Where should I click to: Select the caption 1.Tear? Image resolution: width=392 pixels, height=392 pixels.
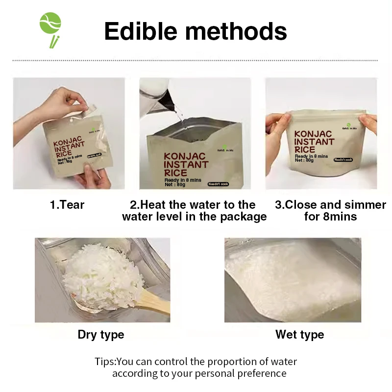[x=67, y=205]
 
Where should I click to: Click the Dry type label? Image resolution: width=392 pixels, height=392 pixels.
[x=101, y=335]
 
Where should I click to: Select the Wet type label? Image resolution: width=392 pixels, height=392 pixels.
[x=299, y=335]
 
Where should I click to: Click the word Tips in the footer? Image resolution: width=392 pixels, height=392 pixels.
[x=104, y=362]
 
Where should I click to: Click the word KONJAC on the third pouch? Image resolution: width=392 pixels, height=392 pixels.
[x=313, y=134]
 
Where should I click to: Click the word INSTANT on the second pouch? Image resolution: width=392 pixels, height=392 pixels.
[x=186, y=165]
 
